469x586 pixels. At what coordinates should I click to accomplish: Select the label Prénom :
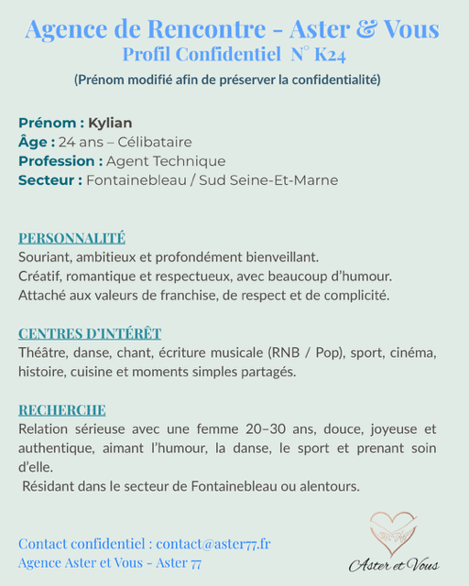(x=51, y=123)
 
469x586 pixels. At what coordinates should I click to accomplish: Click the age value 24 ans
(x=80, y=142)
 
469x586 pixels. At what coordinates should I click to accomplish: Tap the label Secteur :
(x=49, y=180)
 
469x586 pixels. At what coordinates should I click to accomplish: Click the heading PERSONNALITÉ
(x=71, y=238)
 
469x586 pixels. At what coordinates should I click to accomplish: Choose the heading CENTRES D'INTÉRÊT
(x=90, y=333)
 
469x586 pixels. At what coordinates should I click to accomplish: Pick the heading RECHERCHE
(x=62, y=409)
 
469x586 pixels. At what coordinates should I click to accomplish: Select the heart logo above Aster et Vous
(x=393, y=533)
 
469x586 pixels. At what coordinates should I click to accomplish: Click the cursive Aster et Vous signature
(x=394, y=564)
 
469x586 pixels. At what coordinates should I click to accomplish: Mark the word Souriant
(x=47, y=257)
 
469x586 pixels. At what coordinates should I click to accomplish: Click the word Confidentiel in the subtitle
(x=228, y=56)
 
